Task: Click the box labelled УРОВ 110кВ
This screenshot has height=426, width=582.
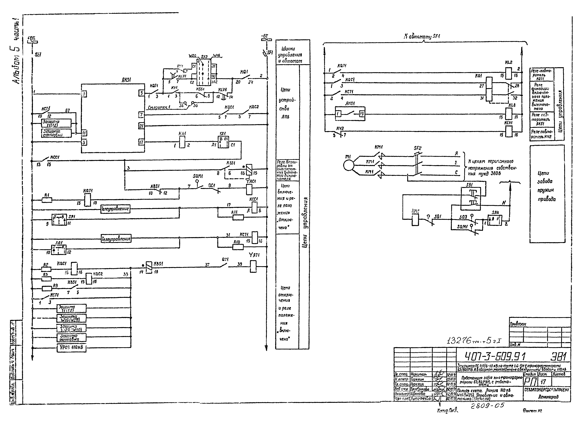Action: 71,348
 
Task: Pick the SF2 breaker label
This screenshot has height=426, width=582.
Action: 418,148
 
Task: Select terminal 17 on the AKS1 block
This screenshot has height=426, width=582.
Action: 141,142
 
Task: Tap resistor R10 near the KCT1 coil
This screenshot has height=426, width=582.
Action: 238,247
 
